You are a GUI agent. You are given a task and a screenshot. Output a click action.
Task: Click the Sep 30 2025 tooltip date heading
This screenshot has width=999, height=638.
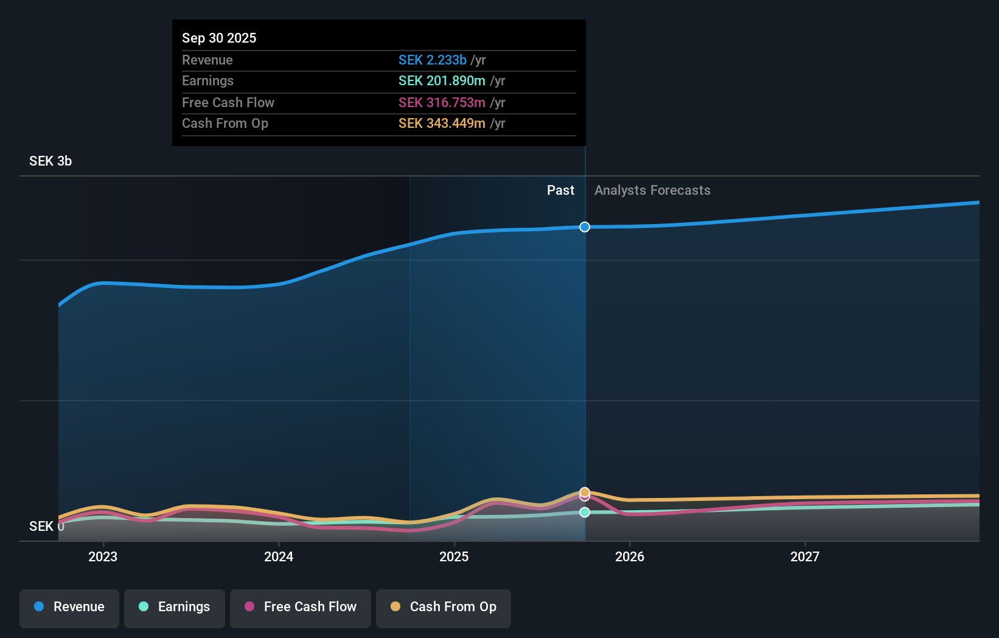(x=219, y=38)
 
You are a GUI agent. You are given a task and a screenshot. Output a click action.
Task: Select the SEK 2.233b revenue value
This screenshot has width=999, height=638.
(x=432, y=60)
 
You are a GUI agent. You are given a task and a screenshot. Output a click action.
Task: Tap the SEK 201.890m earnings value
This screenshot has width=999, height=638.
(x=442, y=80)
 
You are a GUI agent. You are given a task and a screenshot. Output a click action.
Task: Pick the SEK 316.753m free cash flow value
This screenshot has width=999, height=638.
(x=442, y=102)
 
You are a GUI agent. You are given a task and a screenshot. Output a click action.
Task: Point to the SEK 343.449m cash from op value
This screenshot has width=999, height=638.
(x=442, y=123)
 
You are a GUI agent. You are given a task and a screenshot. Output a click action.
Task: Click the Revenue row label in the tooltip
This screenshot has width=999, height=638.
(x=207, y=60)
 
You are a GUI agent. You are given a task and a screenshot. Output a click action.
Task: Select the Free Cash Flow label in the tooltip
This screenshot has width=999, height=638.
(x=228, y=102)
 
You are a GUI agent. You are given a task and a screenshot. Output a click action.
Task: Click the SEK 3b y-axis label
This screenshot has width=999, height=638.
(x=50, y=161)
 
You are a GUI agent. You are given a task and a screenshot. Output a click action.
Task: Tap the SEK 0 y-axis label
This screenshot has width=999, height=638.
(x=46, y=526)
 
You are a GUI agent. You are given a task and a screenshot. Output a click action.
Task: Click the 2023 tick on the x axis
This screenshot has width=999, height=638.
(x=103, y=556)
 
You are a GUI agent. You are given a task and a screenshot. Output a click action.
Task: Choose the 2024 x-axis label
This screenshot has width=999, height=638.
(x=279, y=556)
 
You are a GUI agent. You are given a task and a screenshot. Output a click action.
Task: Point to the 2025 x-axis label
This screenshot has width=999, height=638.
(x=454, y=556)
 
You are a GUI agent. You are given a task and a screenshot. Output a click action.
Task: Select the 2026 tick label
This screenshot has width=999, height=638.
(x=629, y=556)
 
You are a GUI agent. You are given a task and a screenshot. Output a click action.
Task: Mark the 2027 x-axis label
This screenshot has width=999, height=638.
(x=804, y=556)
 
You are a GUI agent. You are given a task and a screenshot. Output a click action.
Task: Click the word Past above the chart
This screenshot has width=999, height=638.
(x=560, y=190)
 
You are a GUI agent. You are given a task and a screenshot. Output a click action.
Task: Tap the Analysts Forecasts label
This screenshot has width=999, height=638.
(x=652, y=190)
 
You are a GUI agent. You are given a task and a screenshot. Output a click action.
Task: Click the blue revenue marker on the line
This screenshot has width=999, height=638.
(x=585, y=227)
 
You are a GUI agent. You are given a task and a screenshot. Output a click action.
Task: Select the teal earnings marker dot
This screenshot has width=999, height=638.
(x=585, y=512)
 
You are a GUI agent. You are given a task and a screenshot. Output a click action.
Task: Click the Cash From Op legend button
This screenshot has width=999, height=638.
(x=444, y=607)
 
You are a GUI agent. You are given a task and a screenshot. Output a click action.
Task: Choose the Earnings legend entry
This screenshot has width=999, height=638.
(x=175, y=607)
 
